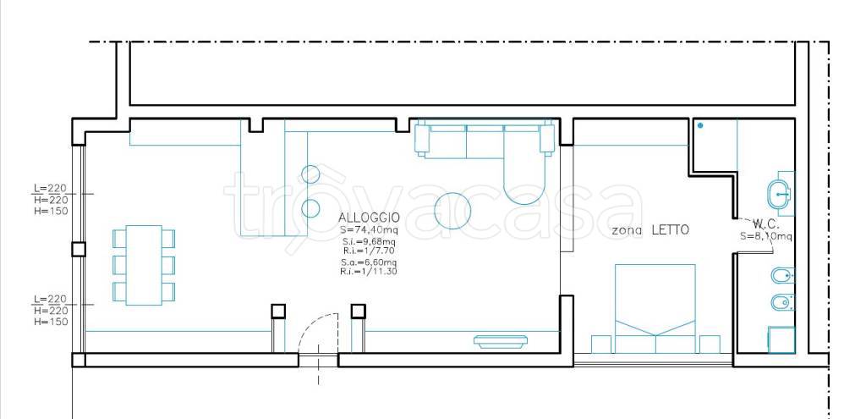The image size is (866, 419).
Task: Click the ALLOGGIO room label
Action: pyautogui.click(x=369, y=218)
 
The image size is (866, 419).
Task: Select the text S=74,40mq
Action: pyautogui.click(x=369, y=230)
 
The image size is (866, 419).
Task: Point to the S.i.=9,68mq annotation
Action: pyautogui.click(x=369, y=242)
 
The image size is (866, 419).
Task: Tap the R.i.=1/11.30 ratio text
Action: pyautogui.click(x=369, y=272)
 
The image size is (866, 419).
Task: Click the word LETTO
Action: pyautogui.click(x=671, y=230)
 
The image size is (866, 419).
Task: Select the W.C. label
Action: pyautogui.click(x=765, y=224)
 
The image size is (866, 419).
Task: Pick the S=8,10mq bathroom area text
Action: pyautogui.click(x=766, y=236)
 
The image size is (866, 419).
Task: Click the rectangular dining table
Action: pyautogui.click(x=144, y=265)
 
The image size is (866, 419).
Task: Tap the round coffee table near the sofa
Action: pyautogui.click(x=452, y=211)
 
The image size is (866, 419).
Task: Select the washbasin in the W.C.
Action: pyautogui.click(x=779, y=194)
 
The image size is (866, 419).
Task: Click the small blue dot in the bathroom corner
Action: pyautogui.click(x=700, y=125)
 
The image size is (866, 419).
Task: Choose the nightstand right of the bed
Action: pyautogui.click(x=710, y=345)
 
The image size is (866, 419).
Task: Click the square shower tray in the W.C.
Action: pyautogui.click(x=781, y=339)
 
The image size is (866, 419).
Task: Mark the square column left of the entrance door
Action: pyautogui.click(x=278, y=311)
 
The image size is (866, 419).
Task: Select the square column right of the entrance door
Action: pyautogui.click(x=359, y=311)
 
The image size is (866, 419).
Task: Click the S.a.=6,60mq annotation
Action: pyautogui.click(x=369, y=262)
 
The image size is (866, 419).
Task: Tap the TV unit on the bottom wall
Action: pyautogui.click(x=500, y=342)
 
